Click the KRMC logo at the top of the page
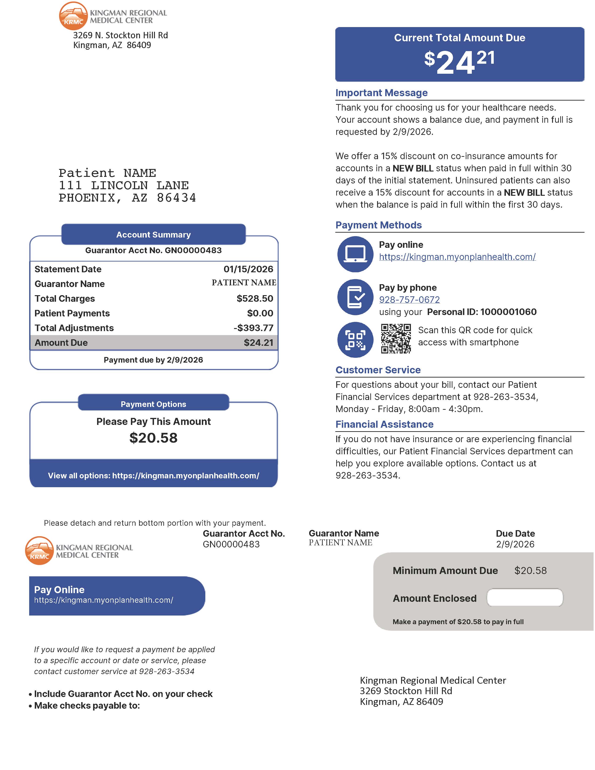[73, 16]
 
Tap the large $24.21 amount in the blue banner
[459, 62]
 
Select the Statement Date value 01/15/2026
[248, 269]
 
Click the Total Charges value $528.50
[255, 299]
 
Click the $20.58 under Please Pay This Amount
[153, 438]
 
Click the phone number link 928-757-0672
[409, 300]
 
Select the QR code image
[395, 339]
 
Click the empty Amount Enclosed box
[525, 598]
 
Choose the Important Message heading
[381, 93]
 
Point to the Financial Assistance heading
[384, 424]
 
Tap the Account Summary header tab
[153, 234]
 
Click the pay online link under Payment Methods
[457, 257]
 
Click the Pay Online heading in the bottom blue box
[59, 589]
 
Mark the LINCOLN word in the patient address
[119, 185]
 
